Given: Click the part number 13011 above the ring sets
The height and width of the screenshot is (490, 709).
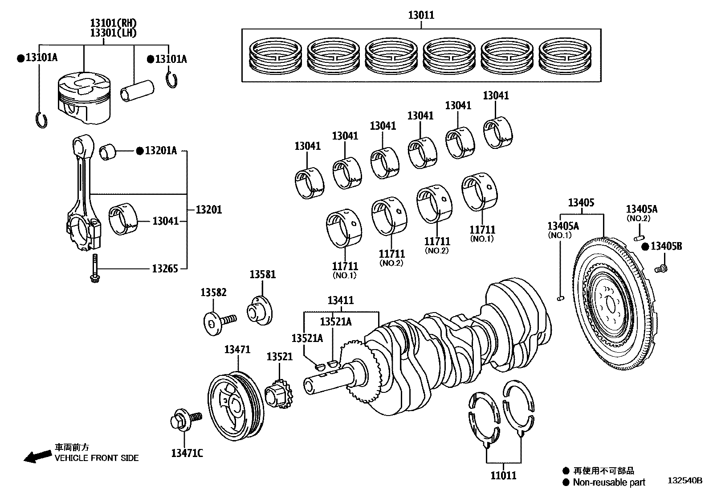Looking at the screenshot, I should [x=421, y=16].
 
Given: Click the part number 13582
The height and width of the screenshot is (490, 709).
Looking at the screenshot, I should [x=213, y=292].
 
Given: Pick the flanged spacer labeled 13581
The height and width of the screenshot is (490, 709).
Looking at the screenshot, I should [x=261, y=310].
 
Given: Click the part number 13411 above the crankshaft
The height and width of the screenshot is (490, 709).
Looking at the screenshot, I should [x=341, y=301].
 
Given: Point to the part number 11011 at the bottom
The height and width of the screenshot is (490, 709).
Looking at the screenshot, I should [x=504, y=475].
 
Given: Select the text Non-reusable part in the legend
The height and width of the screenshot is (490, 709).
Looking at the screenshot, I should [x=609, y=482].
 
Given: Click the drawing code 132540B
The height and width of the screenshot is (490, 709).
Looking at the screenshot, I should [x=684, y=481].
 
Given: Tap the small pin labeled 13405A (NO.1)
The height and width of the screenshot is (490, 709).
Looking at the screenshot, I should [x=561, y=298].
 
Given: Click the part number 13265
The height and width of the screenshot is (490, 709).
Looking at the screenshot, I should [x=164, y=268].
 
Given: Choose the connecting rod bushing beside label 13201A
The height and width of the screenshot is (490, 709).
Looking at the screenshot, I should [x=107, y=152].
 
